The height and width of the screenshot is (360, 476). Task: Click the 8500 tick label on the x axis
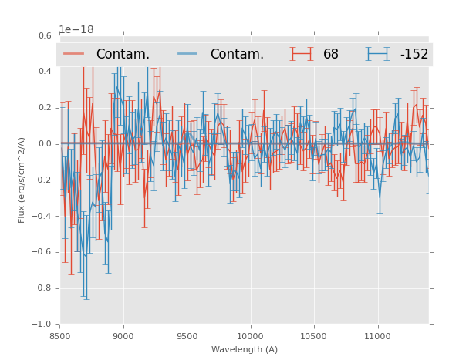pyautogui.click(x=59, y=335)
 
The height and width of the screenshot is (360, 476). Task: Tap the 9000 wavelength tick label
pyautogui.click(x=123, y=335)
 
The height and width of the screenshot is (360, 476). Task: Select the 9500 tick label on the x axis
pyautogui.click(x=187, y=335)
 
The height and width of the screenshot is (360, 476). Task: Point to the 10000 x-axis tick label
pyautogui.click(x=250, y=335)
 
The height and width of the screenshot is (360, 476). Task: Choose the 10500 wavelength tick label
pyautogui.click(x=314, y=335)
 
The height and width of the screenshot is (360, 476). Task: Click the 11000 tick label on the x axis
pyautogui.click(x=377, y=335)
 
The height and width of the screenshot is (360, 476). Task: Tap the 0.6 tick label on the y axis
pyautogui.click(x=45, y=35)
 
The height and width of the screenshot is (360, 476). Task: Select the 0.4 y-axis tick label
pyautogui.click(x=45, y=72)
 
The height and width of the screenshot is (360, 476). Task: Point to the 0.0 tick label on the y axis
pyautogui.click(x=45, y=143)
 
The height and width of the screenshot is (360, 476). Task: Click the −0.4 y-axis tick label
pyautogui.click(x=42, y=216)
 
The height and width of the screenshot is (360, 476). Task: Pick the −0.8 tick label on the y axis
pyautogui.click(x=42, y=288)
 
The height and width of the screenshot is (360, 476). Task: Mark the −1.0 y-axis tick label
pyautogui.click(x=42, y=325)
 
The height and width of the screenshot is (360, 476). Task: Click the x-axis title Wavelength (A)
pyautogui.click(x=245, y=349)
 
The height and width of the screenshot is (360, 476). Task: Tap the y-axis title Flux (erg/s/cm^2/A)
pyautogui.click(x=22, y=180)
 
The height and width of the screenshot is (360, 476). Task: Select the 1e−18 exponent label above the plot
pyautogui.click(x=76, y=30)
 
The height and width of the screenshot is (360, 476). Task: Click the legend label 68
pyautogui.click(x=331, y=54)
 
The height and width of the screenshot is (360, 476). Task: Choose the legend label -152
pyautogui.click(x=414, y=54)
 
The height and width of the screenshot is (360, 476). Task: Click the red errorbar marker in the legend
pyautogui.click(x=302, y=54)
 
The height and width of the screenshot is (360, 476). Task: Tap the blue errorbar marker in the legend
pyautogui.click(x=378, y=54)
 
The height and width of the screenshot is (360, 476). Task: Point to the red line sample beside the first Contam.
pyautogui.click(x=75, y=54)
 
